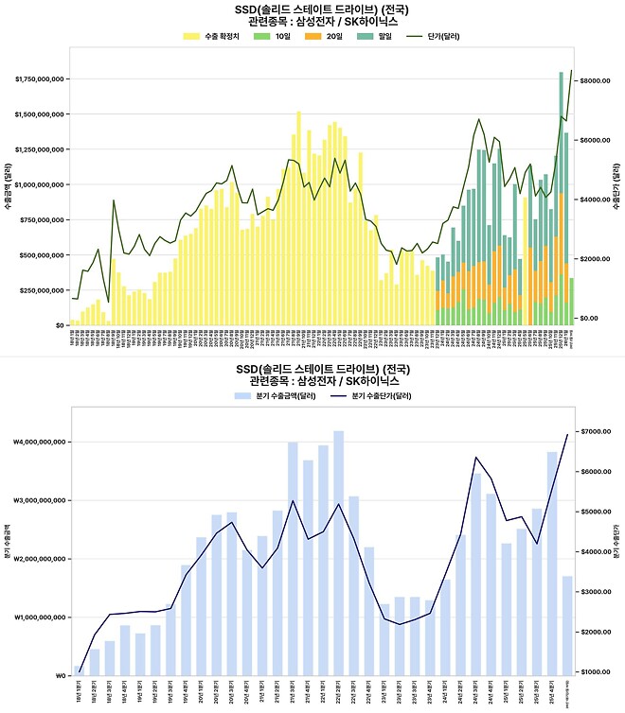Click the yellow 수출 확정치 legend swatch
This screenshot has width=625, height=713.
click(190, 36)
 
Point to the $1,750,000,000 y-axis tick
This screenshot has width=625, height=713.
click(39, 79)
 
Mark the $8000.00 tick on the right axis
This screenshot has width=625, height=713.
click(596, 81)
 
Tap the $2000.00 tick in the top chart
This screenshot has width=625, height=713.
click(596, 259)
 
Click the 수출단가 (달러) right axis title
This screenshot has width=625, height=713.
click(616, 189)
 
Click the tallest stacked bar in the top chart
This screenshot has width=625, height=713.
click(562, 199)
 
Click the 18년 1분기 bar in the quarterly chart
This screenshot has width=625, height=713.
click(79, 670)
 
